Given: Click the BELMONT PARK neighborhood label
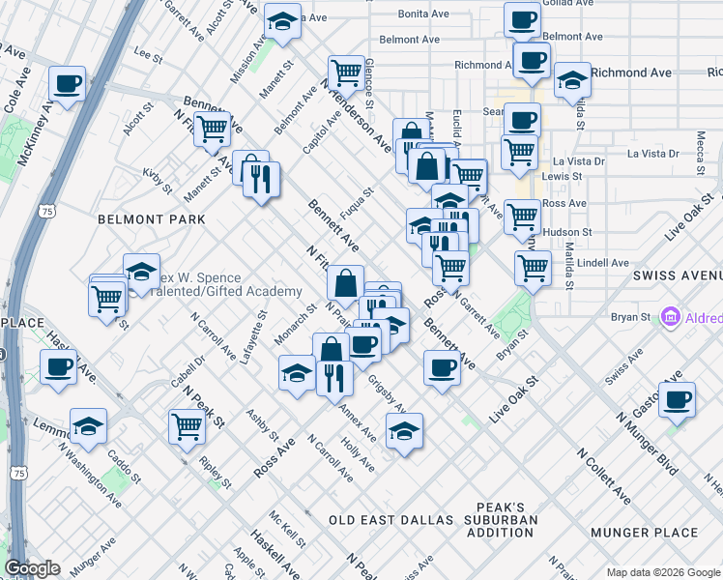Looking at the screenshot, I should click(x=151, y=219).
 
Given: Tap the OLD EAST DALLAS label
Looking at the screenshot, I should click(x=390, y=520).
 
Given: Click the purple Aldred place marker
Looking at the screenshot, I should click(x=669, y=318).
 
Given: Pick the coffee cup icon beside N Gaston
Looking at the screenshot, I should click(x=677, y=399).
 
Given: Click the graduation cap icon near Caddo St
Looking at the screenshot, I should click(x=88, y=426).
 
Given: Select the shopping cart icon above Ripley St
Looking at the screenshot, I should click(x=187, y=426).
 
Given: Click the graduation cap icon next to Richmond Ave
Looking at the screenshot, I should click(x=572, y=82).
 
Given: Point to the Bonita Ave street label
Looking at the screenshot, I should click(x=425, y=14).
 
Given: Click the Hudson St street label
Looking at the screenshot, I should click(x=566, y=233).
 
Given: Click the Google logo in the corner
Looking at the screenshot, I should click(x=32, y=569).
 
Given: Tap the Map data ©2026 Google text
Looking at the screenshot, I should click(x=663, y=572).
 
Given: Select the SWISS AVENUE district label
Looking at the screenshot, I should click(x=678, y=275).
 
